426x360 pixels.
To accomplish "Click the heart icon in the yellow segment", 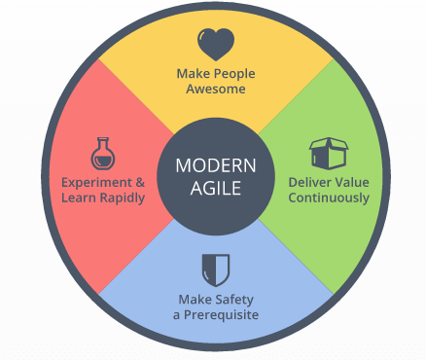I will pos(214,44).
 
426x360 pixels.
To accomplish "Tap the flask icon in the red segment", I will pos(102,153).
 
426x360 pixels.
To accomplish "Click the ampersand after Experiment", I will pos(139,182).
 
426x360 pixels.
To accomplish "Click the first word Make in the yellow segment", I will pos(192,73).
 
